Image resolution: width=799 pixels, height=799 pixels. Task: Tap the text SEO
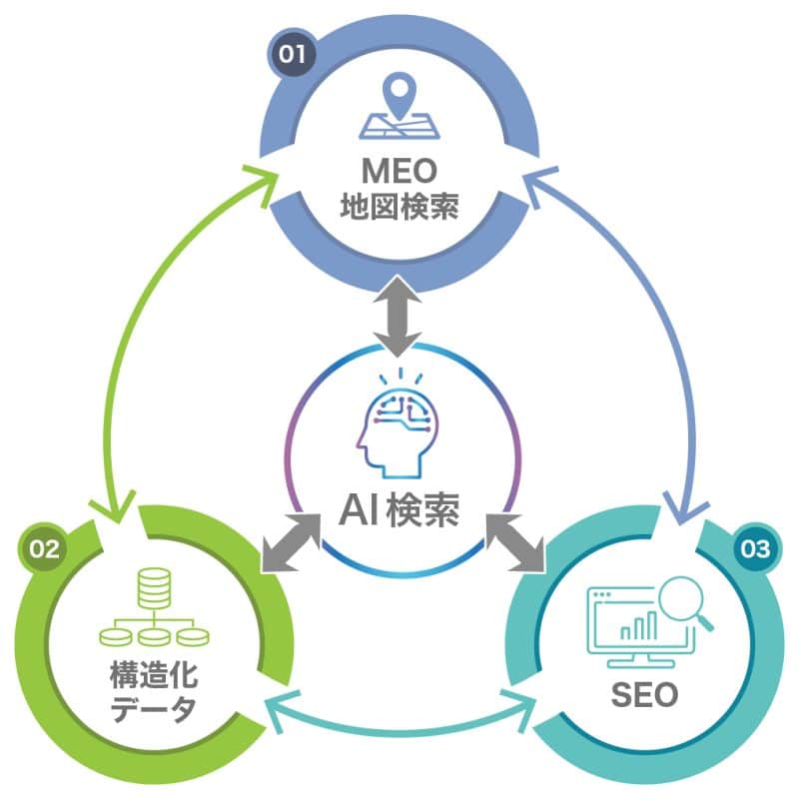pos(644,692)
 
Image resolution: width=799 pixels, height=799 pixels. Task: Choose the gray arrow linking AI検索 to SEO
pos(513,545)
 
